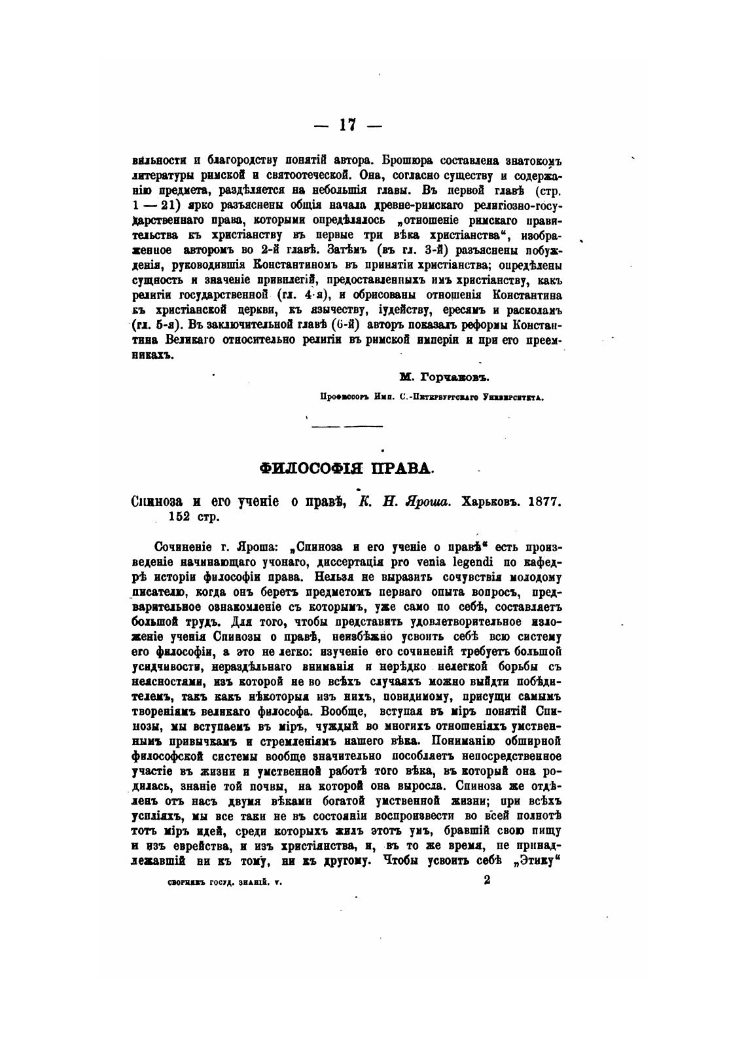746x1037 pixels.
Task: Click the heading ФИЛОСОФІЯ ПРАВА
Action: tap(346, 468)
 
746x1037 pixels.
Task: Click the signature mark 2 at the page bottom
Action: tap(487, 881)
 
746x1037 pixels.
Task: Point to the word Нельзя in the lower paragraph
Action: tap(337, 577)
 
